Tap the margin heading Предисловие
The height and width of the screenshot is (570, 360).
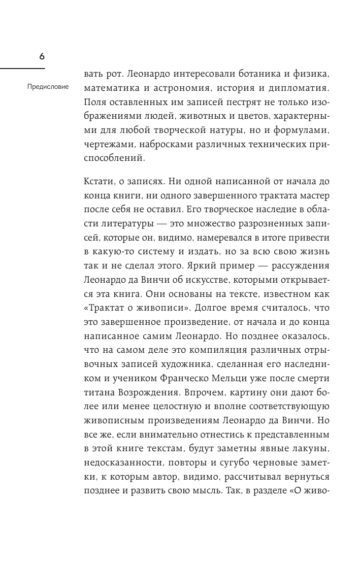tap(48, 86)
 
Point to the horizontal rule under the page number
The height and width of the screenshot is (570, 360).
tap(22, 69)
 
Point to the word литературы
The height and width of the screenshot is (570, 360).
tap(123, 224)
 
